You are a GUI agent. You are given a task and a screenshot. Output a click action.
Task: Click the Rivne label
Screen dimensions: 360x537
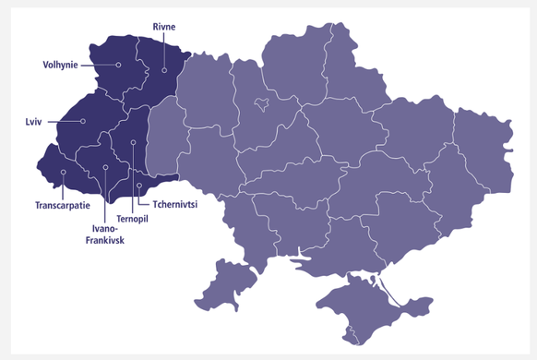163,28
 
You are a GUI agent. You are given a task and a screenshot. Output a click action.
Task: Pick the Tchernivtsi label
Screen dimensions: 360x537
177,204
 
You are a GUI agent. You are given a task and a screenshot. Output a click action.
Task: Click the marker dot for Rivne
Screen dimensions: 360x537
164,70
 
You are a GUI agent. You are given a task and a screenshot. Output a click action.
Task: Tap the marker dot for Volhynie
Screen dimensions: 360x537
119,65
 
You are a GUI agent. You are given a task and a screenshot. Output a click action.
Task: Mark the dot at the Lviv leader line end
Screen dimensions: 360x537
83,121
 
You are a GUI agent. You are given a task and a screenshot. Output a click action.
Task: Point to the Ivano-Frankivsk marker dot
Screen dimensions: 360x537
106,167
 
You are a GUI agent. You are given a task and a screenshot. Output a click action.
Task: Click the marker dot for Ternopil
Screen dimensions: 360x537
133,142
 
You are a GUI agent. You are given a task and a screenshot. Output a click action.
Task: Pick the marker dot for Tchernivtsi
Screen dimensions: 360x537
139,186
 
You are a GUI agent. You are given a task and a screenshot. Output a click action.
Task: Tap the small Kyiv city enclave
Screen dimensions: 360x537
262,103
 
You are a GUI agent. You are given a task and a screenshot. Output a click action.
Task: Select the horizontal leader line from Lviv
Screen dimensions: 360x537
60,121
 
